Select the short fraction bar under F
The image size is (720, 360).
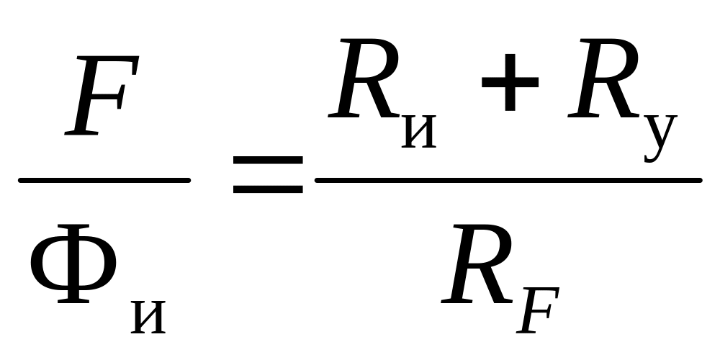pyautogui.click(x=104, y=180)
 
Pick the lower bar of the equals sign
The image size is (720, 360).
pyautogui.click(x=267, y=191)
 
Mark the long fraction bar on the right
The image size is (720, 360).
pyautogui.click(x=508, y=180)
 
